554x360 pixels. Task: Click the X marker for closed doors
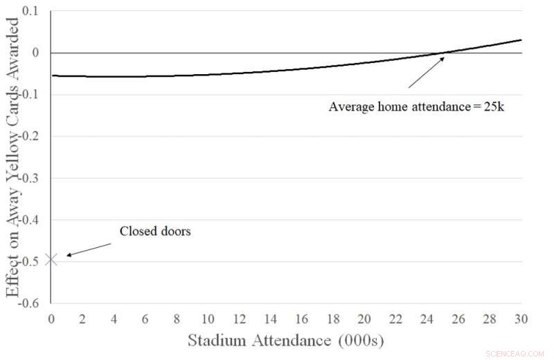pyautogui.click(x=51, y=260)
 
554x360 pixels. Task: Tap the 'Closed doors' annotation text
pyautogui.click(x=155, y=231)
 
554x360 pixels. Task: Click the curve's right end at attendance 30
pyautogui.click(x=520, y=40)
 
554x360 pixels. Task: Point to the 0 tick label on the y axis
pyautogui.click(x=37, y=53)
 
